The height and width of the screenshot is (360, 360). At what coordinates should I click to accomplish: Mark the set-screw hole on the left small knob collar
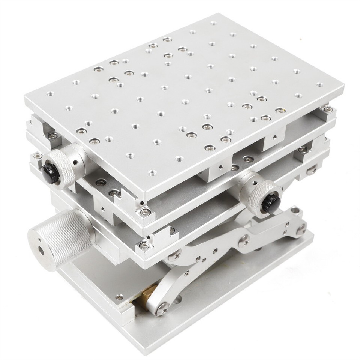pyautogui.click(x=76, y=162)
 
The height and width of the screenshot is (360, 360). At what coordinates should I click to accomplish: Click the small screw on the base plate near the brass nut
pyautogui.click(x=119, y=297)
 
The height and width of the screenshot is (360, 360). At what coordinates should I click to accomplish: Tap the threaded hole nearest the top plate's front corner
pyautogui.click(x=152, y=173)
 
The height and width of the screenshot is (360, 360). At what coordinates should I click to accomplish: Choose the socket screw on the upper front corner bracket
pyautogui.click(x=144, y=213)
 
